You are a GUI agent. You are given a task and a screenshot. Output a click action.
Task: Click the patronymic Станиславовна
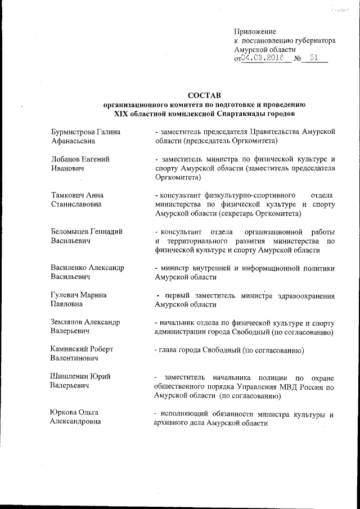pyautogui.click(x=76, y=204)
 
